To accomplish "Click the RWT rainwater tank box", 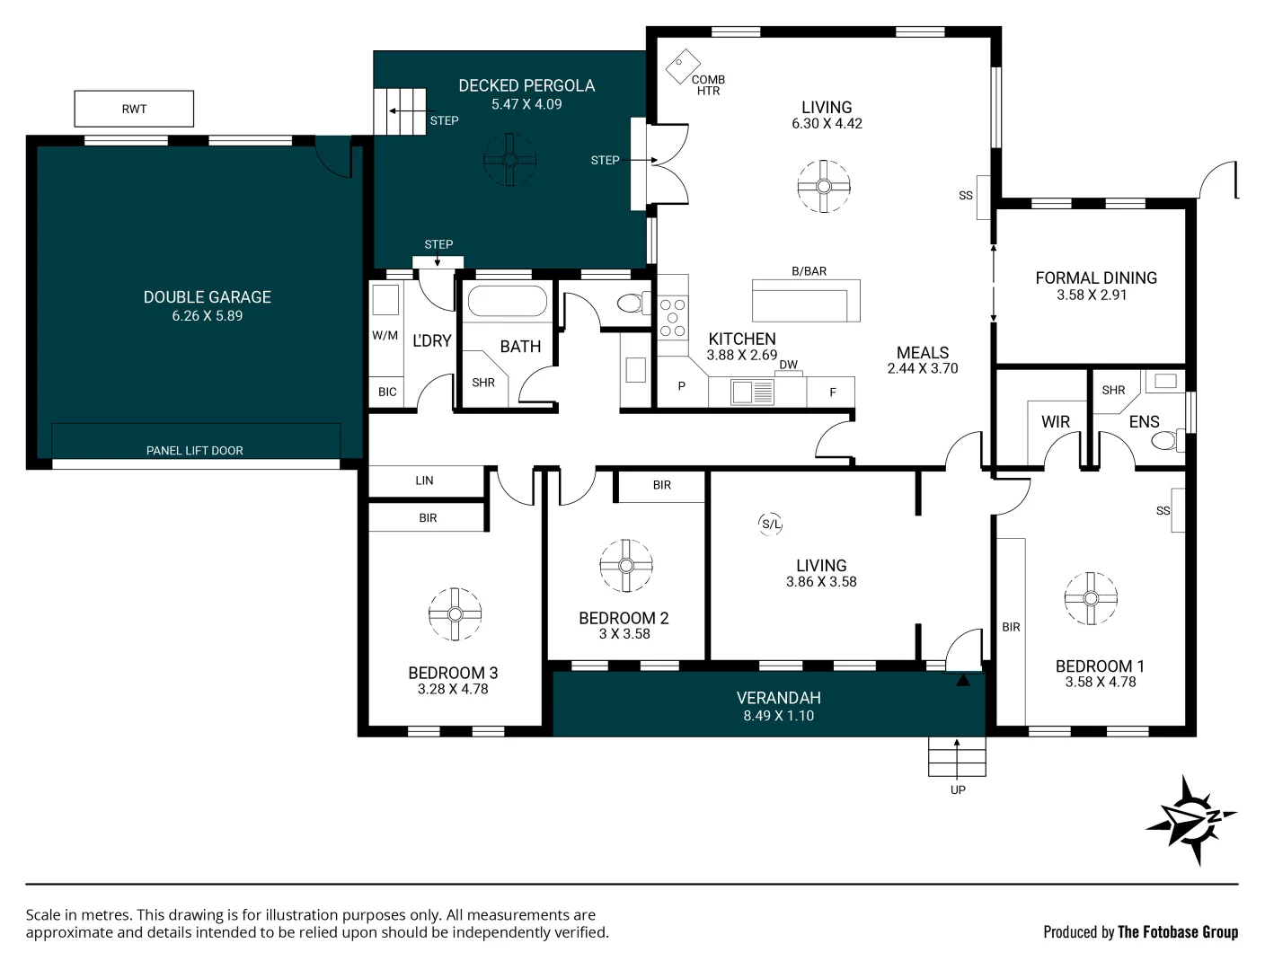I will pyautogui.click(x=134, y=109).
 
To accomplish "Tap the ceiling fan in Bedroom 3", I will pyautogui.click(x=455, y=614).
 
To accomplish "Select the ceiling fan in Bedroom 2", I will pyautogui.click(x=626, y=566).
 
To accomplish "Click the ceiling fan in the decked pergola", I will pyautogui.click(x=509, y=160).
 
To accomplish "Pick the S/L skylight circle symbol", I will pyautogui.click(x=771, y=525).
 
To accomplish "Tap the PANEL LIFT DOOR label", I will pyautogui.click(x=195, y=451).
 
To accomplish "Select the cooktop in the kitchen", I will pyautogui.click(x=672, y=318).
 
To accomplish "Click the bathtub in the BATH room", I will pyautogui.click(x=508, y=302).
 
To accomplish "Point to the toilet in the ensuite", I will pyautogui.click(x=1166, y=440).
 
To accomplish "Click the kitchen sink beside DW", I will pyautogui.click(x=752, y=392).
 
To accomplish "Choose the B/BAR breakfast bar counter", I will pyautogui.click(x=806, y=300).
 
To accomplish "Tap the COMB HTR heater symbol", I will pyautogui.click(x=683, y=66).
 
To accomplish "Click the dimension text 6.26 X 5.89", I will pyautogui.click(x=208, y=316).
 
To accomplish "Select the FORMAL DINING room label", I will pyautogui.click(x=1096, y=278).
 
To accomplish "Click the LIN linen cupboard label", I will pyautogui.click(x=424, y=481).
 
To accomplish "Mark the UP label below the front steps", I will pyautogui.click(x=958, y=790).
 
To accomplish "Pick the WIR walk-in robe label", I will pyautogui.click(x=1056, y=422).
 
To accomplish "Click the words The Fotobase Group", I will pyautogui.click(x=1177, y=932).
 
